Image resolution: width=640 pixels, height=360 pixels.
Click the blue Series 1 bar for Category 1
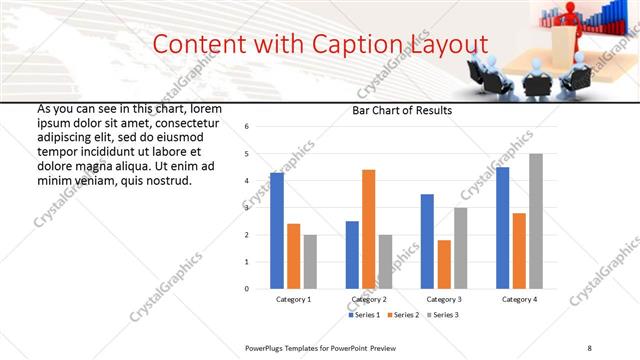pyautogui.click(x=277, y=231)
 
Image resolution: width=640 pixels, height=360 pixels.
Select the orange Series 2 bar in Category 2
pyautogui.click(x=368, y=229)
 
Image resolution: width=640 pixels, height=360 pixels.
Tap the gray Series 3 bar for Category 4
pyautogui.click(x=536, y=221)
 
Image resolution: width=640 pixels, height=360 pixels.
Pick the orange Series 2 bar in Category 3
pyautogui.click(x=444, y=264)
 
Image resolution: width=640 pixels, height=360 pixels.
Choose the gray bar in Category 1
pyautogui.click(x=310, y=262)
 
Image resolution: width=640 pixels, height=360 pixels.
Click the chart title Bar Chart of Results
pyautogui.click(x=402, y=111)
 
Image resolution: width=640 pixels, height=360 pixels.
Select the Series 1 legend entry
pyautogui.click(x=366, y=315)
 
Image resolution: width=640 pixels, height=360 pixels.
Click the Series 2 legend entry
pyautogui.click(x=403, y=315)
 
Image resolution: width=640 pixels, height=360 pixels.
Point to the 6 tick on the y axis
pyautogui.click(x=246, y=127)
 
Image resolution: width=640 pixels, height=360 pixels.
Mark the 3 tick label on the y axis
pyautogui.click(x=246, y=208)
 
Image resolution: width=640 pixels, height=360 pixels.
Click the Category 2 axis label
pyautogui.click(x=369, y=299)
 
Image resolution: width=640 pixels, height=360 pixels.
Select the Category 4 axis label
pyautogui.click(x=519, y=299)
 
